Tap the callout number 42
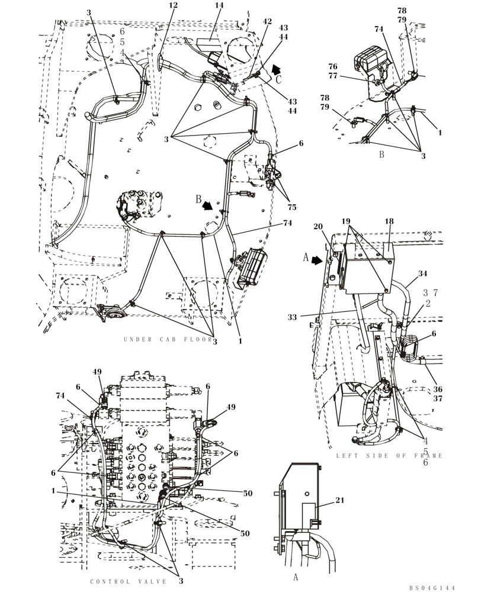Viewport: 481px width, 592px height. coord(267,21)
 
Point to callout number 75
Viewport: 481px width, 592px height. coord(292,207)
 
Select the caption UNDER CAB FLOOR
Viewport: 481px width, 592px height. coord(168,340)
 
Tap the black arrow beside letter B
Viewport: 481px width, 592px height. coord(208,205)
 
